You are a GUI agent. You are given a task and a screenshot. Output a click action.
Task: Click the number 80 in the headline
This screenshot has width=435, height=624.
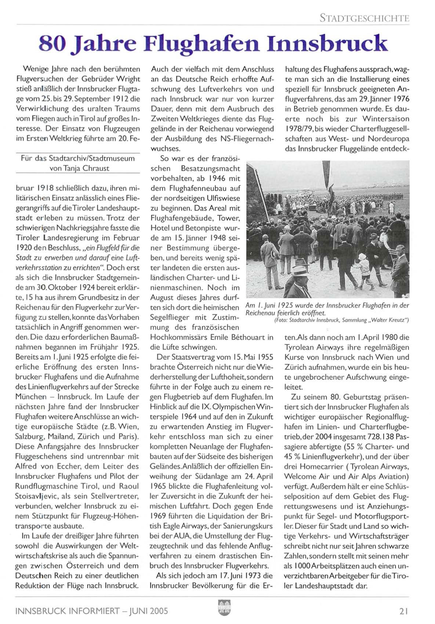52,44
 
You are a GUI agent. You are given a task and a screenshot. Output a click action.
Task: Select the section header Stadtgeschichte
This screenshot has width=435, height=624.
364,18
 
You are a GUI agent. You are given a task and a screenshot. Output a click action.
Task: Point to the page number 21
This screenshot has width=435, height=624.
404,611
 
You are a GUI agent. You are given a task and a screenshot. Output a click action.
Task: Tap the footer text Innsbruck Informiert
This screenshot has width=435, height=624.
68,611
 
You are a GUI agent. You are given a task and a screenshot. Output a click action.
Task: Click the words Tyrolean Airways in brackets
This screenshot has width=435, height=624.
379,466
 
